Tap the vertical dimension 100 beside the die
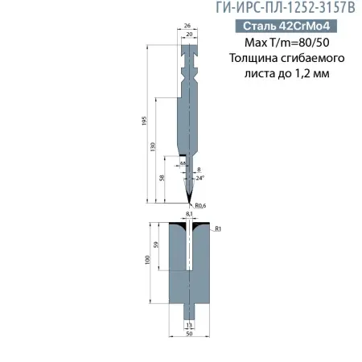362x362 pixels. pyautogui.click(x=146, y=263)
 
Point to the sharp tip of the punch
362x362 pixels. pyautogui.click(x=189, y=200)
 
